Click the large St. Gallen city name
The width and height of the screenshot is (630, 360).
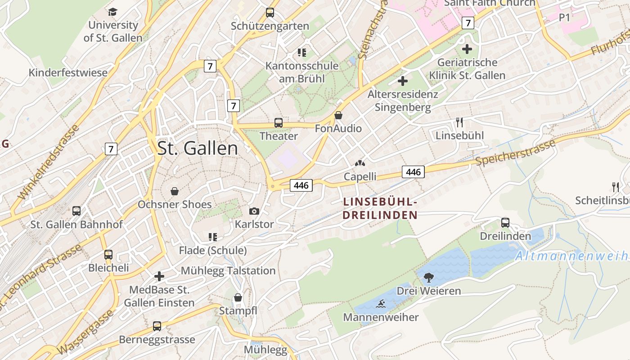coord(198,148)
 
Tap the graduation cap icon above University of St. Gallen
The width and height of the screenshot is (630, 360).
coord(112,12)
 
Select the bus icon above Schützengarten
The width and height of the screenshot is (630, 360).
coord(270,13)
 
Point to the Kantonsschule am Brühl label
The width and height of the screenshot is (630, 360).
coord(301,72)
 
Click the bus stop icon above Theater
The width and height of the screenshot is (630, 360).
coord(279,123)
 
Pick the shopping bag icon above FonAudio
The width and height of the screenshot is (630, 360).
coord(338,116)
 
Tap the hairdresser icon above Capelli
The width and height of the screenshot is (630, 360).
coord(360,163)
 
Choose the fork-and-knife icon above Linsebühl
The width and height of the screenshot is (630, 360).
coord(459,122)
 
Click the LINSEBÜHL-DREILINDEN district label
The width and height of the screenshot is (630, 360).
coord(380,208)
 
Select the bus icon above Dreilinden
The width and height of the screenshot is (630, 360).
coord(505,223)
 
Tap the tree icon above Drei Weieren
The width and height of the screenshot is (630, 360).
coord(428,277)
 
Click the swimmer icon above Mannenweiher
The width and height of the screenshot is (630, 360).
coord(381,304)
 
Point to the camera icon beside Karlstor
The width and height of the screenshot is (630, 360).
coord(254,211)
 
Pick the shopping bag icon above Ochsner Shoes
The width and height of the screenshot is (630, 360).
coord(175,191)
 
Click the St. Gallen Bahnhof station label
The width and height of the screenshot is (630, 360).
coord(76,224)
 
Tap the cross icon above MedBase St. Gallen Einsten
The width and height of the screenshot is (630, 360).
coord(159,276)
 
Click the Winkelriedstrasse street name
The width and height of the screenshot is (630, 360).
coord(49,162)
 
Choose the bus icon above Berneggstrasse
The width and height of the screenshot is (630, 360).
coord(157,326)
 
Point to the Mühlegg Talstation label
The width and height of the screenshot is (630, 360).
coord(228,270)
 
